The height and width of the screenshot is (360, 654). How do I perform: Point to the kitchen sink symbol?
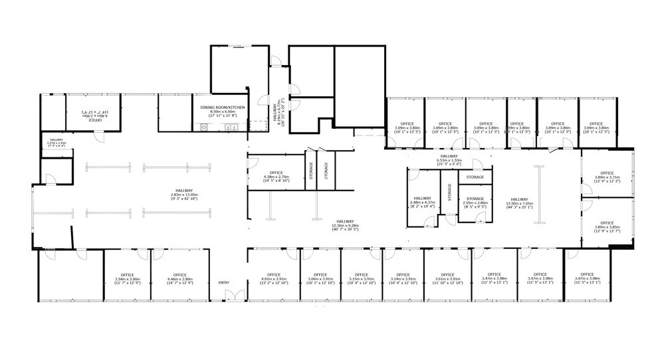click(x=231, y=127)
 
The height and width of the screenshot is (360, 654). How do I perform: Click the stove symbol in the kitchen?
click(x=204, y=127)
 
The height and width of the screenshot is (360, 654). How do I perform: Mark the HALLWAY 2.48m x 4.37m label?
click(x=422, y=202)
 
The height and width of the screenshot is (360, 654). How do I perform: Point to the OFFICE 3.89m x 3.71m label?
click(x=606, y=177)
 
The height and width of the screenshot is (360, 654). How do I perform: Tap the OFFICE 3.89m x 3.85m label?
click(x=606, y=226)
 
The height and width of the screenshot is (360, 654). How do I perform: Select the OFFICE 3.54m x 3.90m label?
click(x=127, y=278)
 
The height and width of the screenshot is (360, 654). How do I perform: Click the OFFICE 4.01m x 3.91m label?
click(x=273, y=278)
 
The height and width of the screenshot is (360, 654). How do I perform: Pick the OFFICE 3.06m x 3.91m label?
click(x=319, y=278)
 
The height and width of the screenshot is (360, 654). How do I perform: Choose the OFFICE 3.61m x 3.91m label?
click(x=447, y=278)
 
